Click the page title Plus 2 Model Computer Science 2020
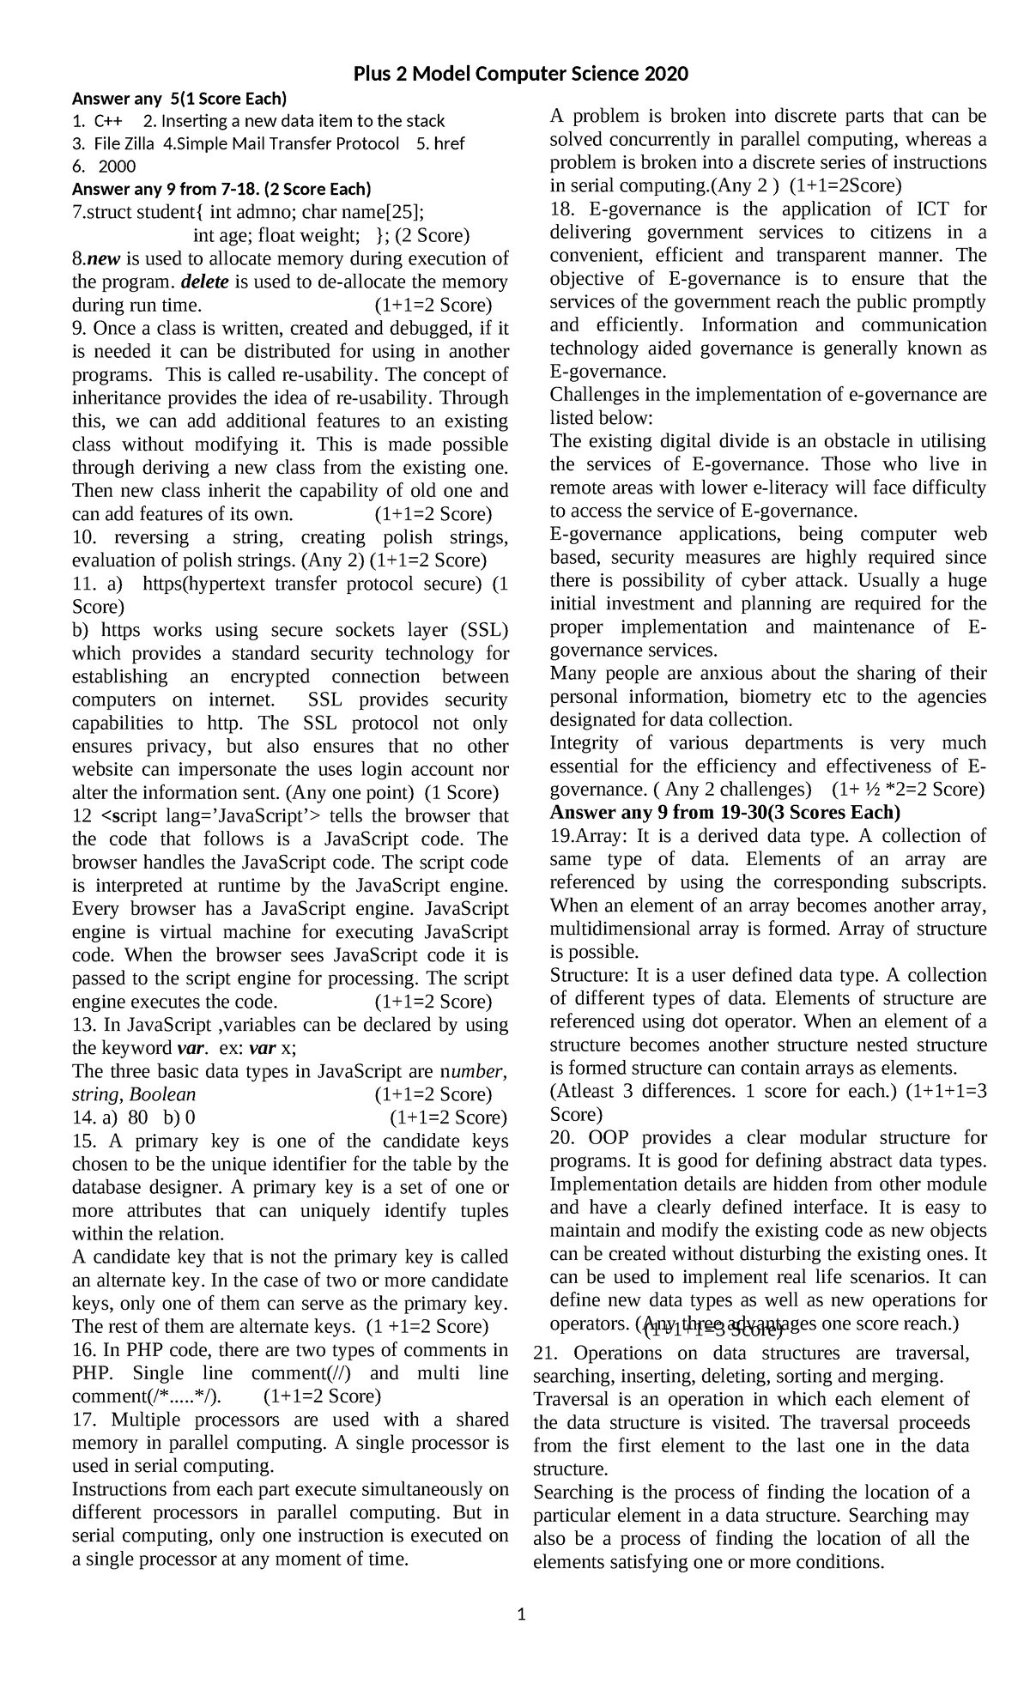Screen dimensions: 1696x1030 pos(521,75)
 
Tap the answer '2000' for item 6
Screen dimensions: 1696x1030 pos(118,167)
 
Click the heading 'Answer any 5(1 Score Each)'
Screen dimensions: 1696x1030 pos(179,98)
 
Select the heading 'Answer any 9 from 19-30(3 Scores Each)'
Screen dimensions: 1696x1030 pos(724,812)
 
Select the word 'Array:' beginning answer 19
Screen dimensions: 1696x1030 pos(585,835)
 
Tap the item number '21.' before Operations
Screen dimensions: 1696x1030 pos(545,1353)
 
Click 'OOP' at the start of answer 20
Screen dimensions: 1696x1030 pos(609,1137)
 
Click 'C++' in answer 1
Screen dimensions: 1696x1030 pos(107,120)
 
